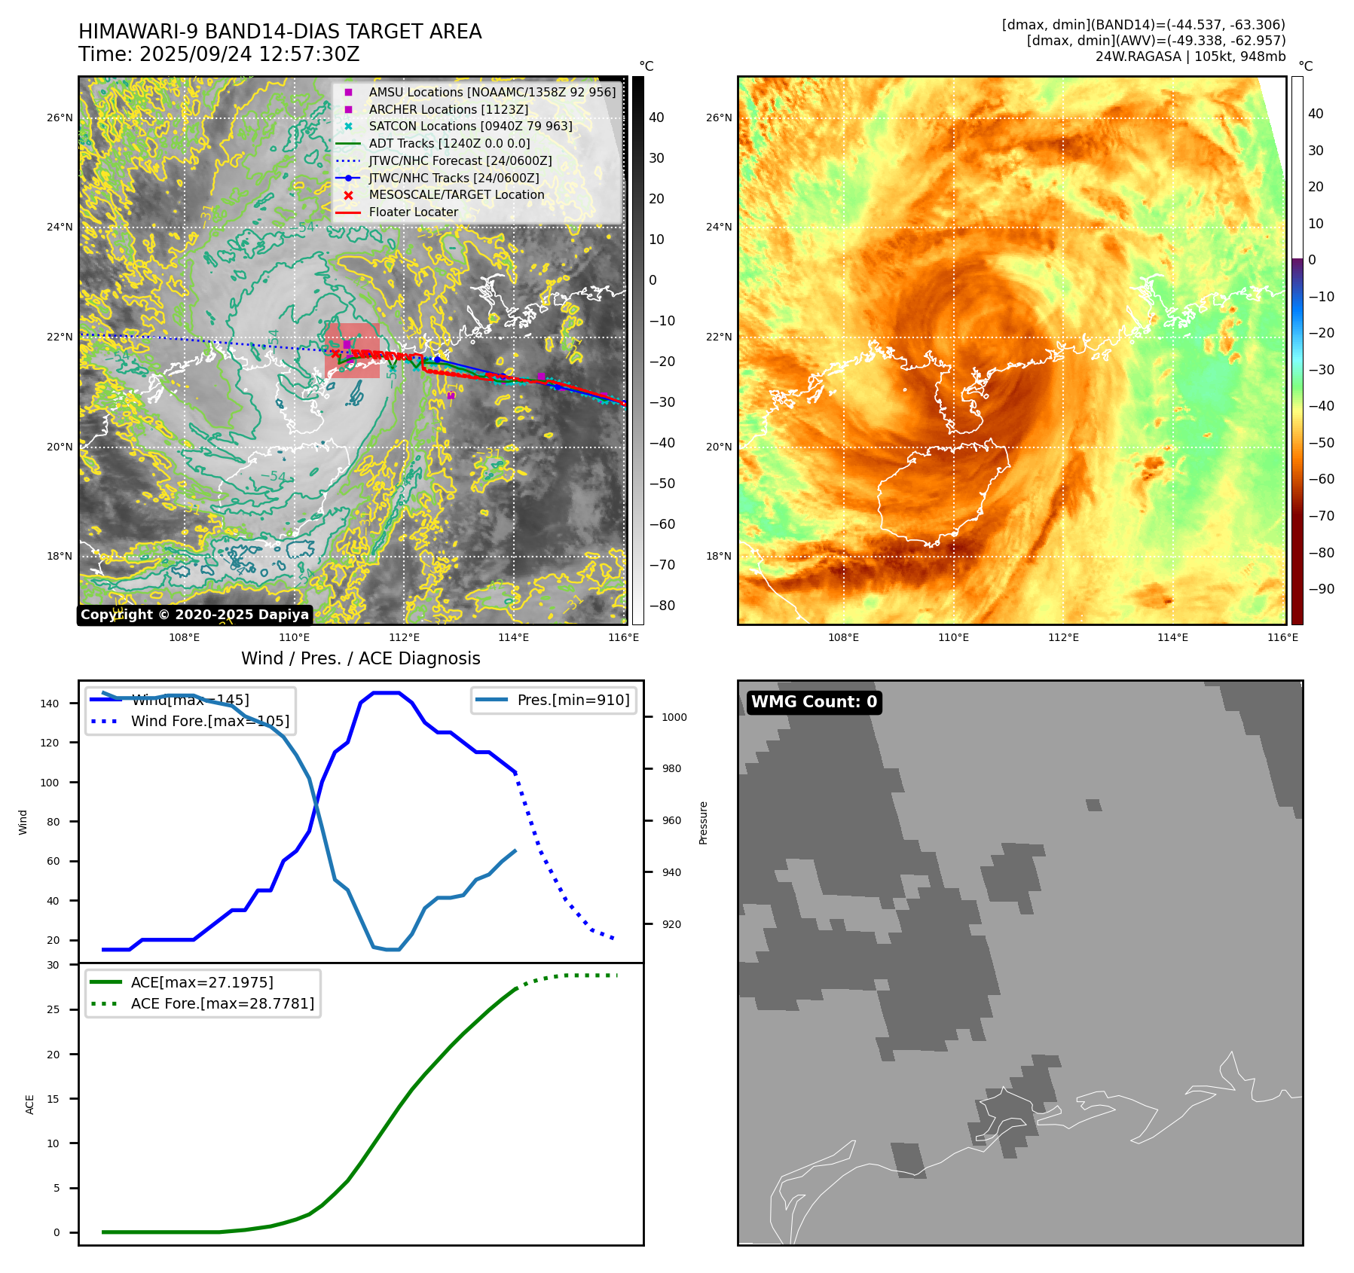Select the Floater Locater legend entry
413,212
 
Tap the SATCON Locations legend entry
470,127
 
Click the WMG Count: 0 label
814,702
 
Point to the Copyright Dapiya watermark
194,615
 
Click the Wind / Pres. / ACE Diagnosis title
360,658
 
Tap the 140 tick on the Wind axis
49,704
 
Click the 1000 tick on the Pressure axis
674,717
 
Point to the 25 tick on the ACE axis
53,1009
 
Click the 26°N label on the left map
60,118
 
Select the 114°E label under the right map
1172,637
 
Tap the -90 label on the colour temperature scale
1321,589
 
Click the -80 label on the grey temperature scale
662,606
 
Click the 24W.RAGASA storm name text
1137,56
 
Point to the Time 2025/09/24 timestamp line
219,54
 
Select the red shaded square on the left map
352,350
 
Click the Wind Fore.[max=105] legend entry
209,721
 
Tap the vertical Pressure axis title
703,823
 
